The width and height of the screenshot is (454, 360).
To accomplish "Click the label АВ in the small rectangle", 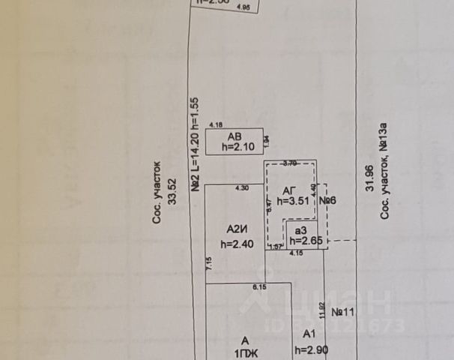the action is [234, 136].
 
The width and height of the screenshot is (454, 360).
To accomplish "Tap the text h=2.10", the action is [238, 147].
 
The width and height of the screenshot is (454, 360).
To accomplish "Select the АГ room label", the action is [290, 190].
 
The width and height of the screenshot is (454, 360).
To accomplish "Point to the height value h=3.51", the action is [292, 201].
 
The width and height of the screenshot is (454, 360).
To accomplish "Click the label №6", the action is [327, 201].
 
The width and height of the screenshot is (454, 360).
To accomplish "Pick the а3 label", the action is [300, 229].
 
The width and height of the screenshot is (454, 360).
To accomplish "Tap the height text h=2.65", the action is [305, 241].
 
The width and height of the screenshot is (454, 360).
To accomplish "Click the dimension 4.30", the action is [242, 187].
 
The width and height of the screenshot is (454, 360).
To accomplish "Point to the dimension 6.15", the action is [260, 287].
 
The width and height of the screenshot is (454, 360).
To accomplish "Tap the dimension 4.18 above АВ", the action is [216, 124].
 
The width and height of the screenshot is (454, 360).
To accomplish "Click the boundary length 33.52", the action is [172, 198].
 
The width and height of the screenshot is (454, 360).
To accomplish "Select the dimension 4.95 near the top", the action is [243, 8].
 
